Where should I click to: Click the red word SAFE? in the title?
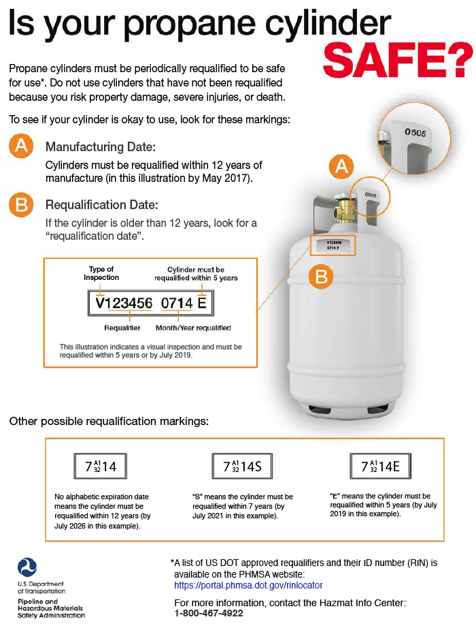(x=398, y=59)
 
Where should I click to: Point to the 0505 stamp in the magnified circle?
(x=415, y=132)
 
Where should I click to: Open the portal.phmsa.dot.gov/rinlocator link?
(x=248, y=585)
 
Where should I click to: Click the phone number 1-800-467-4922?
(x=209, y=613)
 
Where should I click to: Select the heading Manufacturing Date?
(x=101, y=147)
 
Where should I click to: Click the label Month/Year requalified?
(x=193, y=328)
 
